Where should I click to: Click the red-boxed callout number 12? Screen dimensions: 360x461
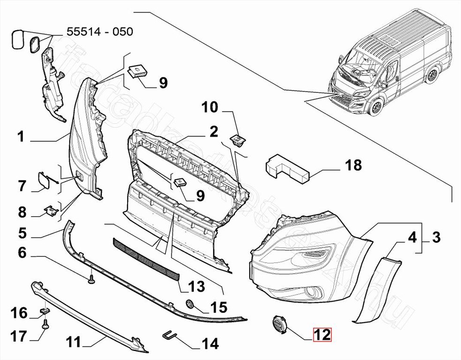coord(323,335)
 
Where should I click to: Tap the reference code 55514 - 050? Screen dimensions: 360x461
coord(100,32)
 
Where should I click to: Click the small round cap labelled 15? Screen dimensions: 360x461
coord(190,303)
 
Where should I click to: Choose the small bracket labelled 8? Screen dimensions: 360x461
coord(49,211)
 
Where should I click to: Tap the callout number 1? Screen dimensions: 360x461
coord(20,137)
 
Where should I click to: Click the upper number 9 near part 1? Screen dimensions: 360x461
coord(162,83)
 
